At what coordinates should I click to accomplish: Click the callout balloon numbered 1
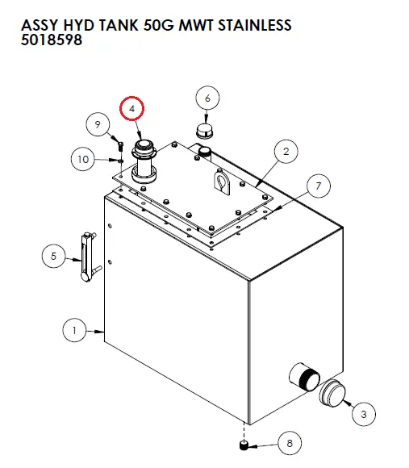74,329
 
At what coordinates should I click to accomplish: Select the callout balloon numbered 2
285,150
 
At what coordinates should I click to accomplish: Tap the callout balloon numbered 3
363,414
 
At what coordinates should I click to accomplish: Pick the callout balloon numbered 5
53,257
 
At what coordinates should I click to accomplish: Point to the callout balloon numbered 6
207,98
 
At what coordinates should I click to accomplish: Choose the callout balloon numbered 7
318,186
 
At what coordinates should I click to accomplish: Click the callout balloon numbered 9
98,124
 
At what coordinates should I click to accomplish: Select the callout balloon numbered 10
82,159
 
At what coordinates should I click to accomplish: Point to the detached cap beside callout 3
332,394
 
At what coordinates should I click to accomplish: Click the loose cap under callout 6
204,131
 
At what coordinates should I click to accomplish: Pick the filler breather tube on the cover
145,159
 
